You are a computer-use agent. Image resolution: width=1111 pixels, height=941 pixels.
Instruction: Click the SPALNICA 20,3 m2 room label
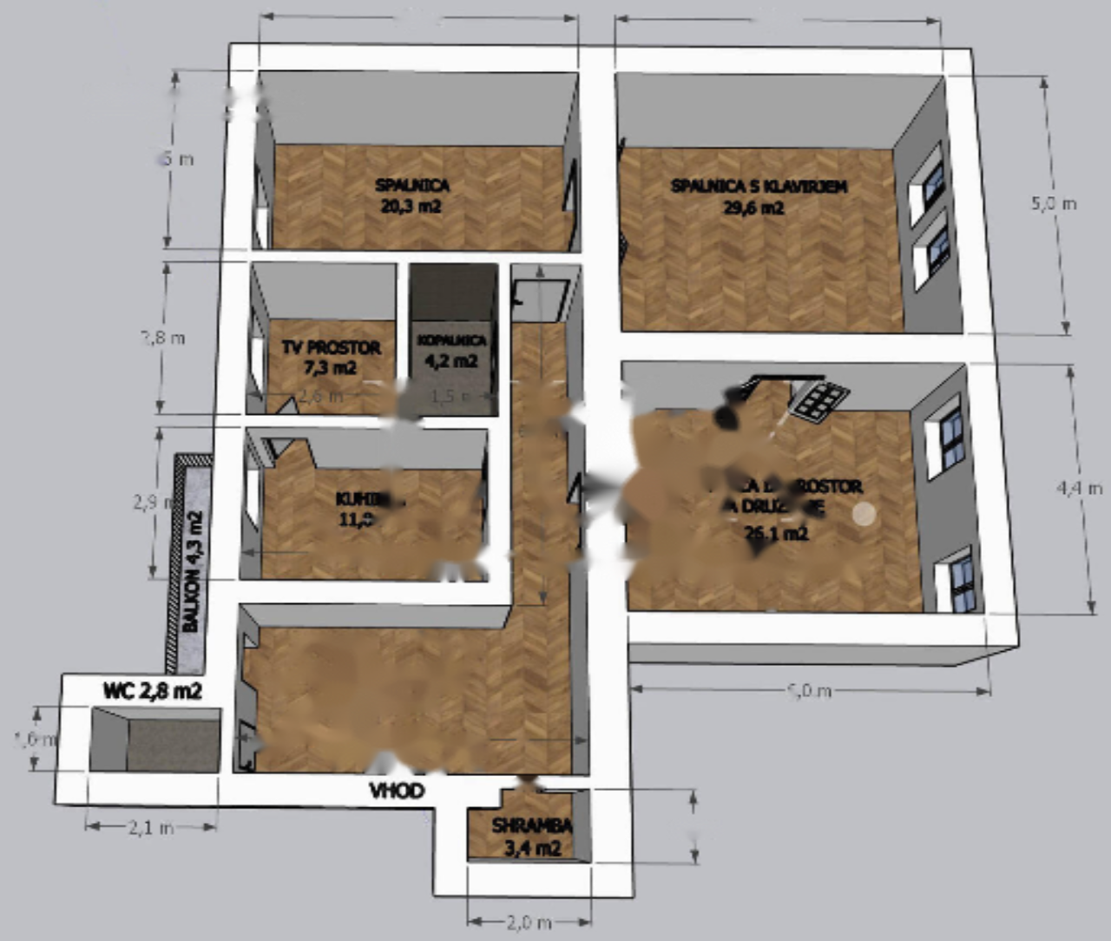pyautogui.click(x=411, y=195)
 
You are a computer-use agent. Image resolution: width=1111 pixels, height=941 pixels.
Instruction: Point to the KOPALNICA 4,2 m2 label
pyautogui.click(x=450, y=351)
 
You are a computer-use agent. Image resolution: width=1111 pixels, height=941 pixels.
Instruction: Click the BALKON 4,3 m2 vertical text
pyautogui.click(x=192, y=571)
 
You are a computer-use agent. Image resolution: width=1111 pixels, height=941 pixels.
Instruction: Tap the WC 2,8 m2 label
pyautogui.click(x=152, y=691)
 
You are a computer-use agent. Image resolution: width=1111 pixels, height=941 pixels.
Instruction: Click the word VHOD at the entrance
pyautogui.click(x=398, y=791)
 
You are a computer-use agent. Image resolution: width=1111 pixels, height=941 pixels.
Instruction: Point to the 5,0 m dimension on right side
pyautogui.click(x=1053, y=204)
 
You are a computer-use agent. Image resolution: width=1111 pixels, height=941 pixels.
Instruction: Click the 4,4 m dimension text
pyautogui.click(x=1079, y=488)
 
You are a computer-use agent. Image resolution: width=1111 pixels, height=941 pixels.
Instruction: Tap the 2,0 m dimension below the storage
pyautogui.click(x=528, y=922)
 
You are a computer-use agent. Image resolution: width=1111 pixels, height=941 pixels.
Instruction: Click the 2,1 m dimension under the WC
pyautogui.click(x=151, y=828)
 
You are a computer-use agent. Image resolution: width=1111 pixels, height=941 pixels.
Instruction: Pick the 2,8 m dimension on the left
pyautogui.click(x=163, y=338)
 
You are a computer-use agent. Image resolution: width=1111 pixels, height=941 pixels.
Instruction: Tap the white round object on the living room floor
pyautogui.click(x=864, y=514)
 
